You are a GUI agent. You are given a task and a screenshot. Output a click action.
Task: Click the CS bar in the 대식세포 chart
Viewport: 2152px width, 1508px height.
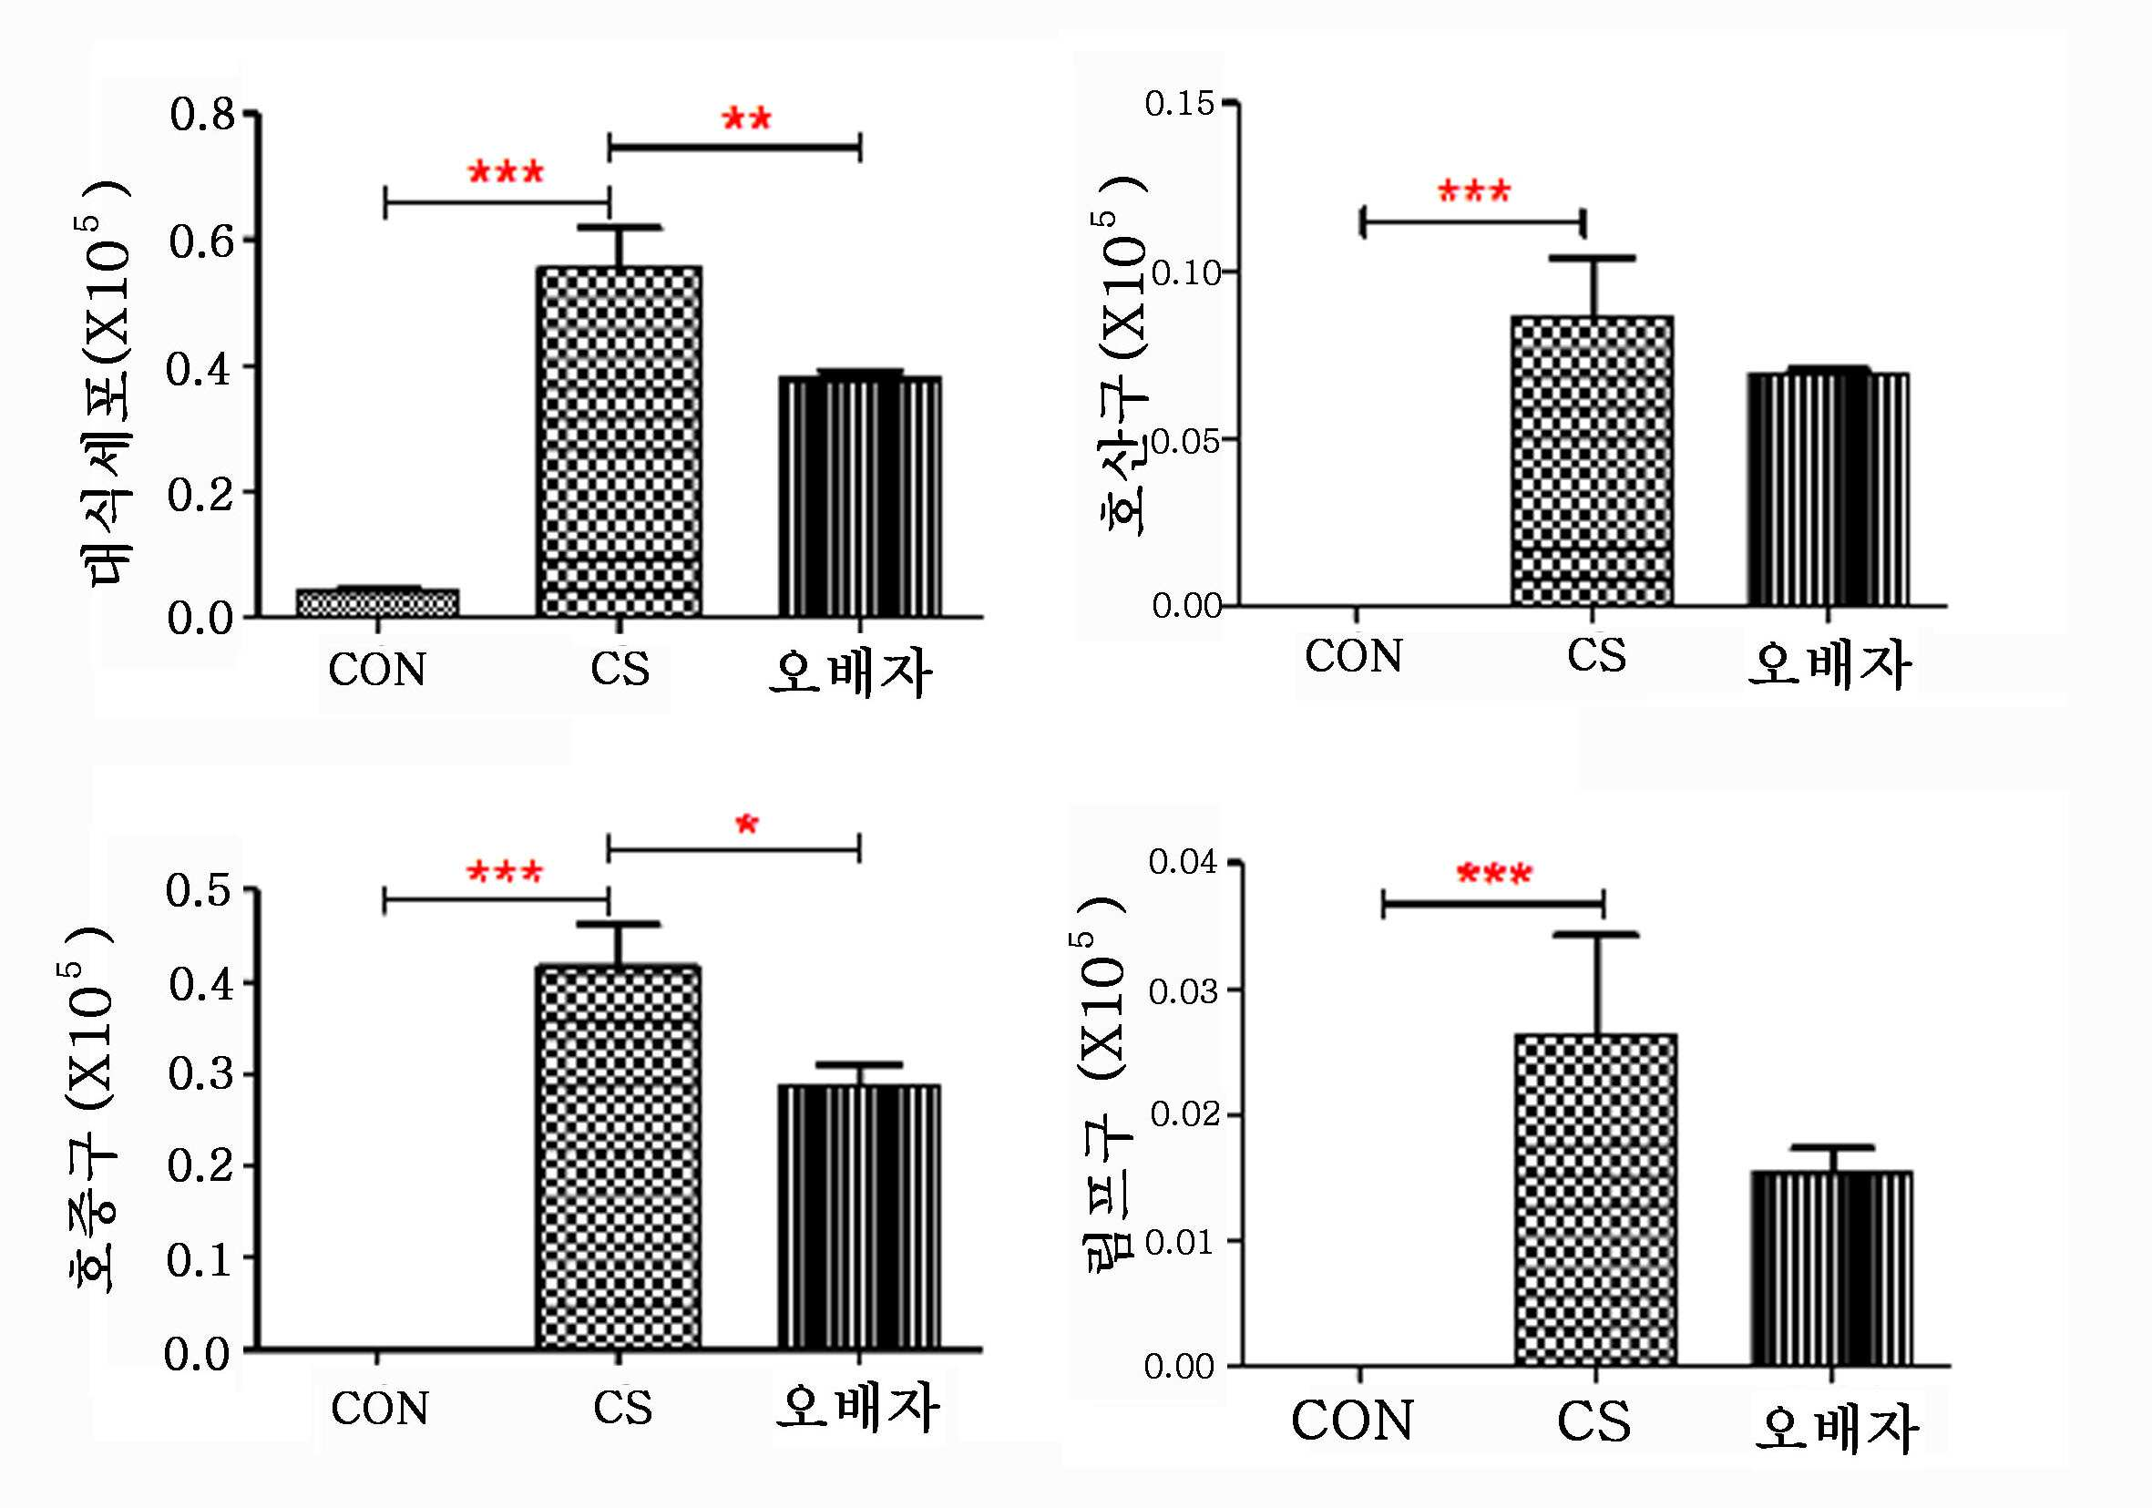619,441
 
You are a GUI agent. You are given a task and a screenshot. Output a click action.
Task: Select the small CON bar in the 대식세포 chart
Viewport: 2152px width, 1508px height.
378,602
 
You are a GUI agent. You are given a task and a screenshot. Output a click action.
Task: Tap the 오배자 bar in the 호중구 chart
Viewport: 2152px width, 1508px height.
859,1216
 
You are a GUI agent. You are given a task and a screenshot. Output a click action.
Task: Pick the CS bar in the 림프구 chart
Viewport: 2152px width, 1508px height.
1596,1200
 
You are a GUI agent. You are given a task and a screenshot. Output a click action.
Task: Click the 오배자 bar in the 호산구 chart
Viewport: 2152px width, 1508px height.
1828,489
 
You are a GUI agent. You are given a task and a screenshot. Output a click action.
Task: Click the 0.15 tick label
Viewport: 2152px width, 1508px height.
1180,103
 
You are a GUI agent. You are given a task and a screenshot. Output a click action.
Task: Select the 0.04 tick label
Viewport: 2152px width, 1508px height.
1183,861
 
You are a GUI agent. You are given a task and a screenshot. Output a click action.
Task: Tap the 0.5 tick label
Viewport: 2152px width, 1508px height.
199,889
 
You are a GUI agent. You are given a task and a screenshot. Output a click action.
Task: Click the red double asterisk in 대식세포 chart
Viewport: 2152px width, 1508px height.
747,119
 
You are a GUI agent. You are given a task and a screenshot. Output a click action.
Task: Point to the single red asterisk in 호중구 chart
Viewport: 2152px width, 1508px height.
747,825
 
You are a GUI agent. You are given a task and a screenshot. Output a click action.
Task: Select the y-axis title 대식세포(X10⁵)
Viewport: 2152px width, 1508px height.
105,384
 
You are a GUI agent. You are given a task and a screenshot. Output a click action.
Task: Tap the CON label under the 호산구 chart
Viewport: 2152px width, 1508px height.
1354,656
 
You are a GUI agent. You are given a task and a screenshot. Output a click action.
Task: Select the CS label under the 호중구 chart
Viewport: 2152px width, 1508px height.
622,1408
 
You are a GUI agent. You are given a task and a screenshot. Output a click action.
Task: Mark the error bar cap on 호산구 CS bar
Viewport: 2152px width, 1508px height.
1593,258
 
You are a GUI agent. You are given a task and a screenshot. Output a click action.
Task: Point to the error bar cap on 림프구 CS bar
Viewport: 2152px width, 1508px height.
1596,935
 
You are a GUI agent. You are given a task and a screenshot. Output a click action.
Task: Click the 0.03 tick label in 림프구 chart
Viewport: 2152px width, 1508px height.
1183,990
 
